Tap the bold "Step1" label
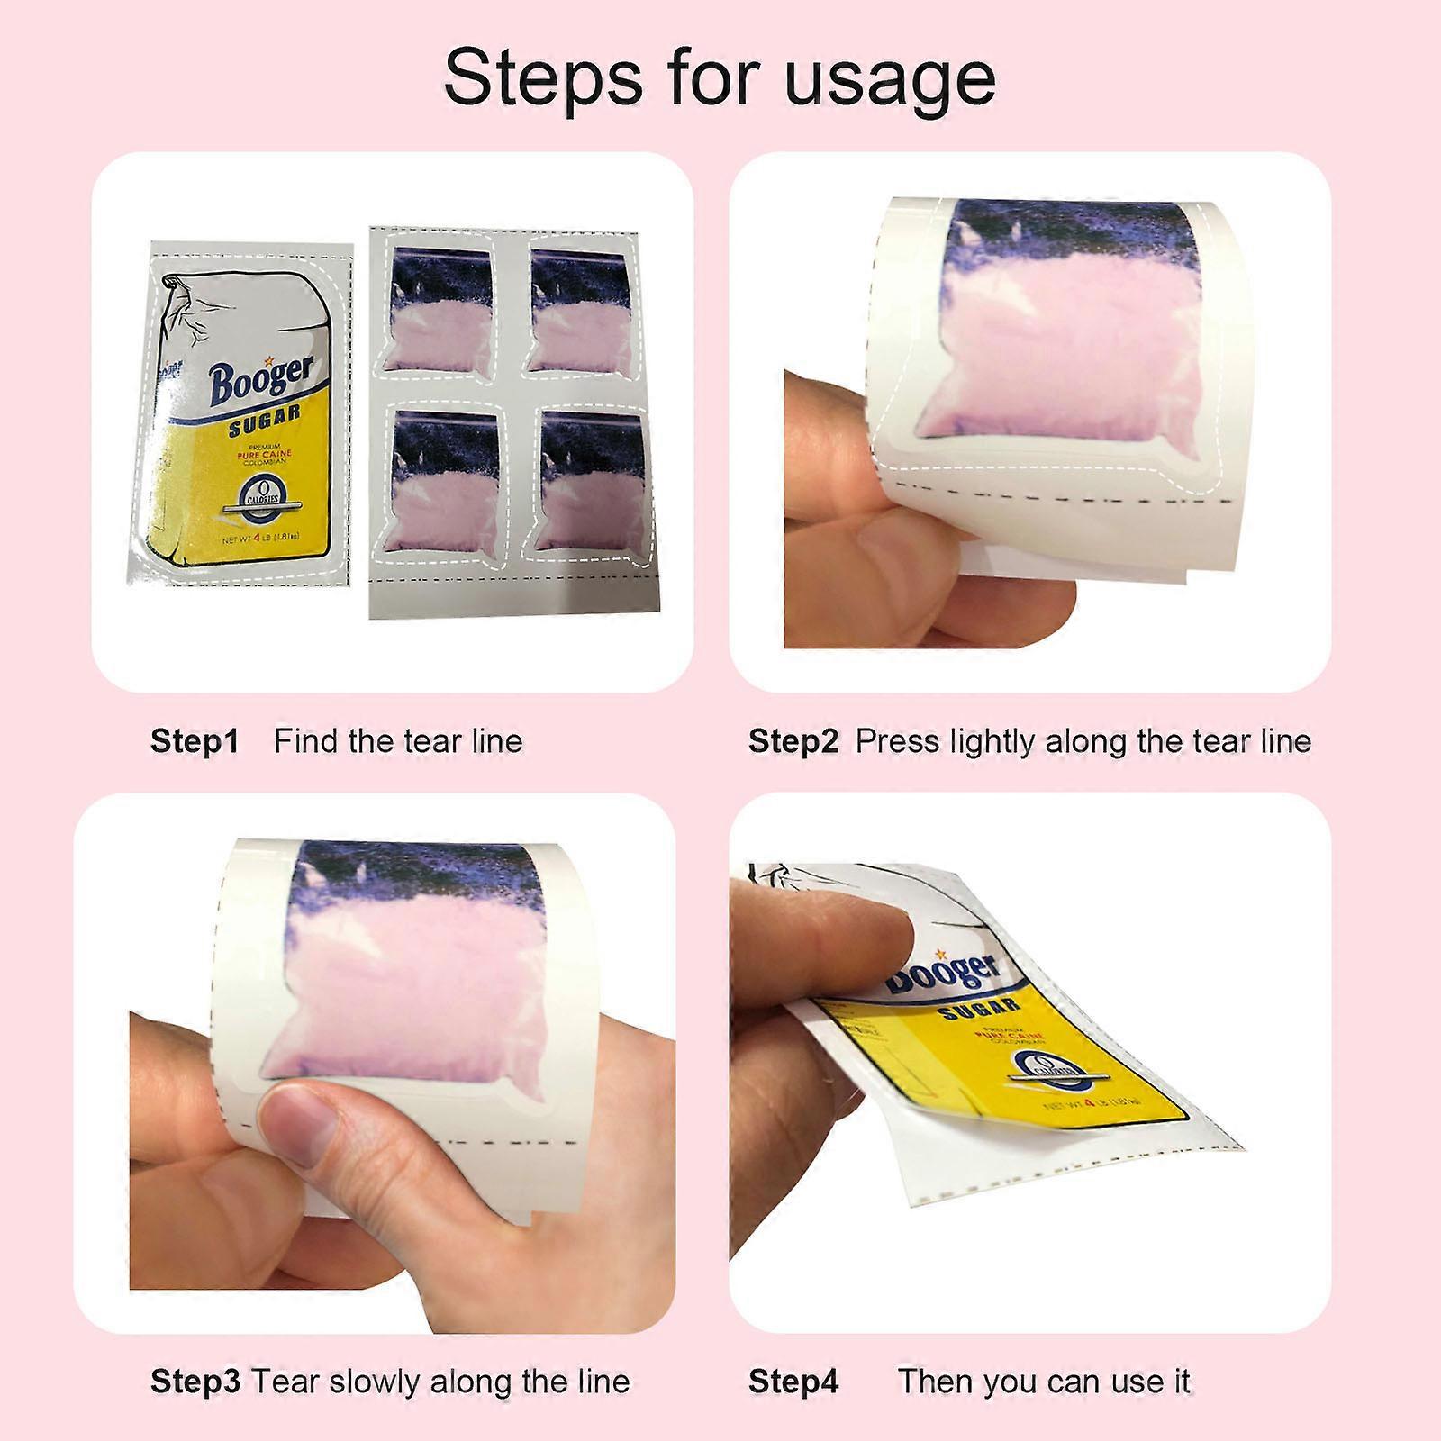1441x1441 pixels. (x=195, y=741)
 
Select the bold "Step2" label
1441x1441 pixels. (x=793, y=741)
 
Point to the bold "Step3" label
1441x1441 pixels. (x=195, y=1381)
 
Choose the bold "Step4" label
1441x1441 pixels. (x=793, y=1381)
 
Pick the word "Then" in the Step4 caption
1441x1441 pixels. (x=937, y=1381)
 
